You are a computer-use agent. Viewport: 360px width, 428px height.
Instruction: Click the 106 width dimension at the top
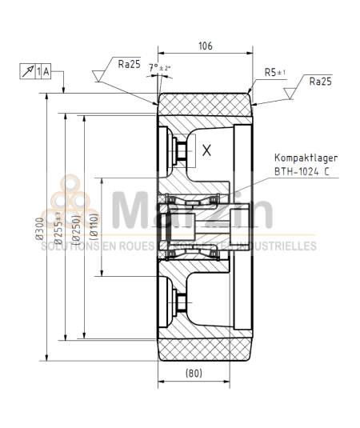(205, 46)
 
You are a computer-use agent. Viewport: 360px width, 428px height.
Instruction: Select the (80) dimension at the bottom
(193, 374)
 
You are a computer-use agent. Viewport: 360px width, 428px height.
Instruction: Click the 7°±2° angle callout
(159, 68)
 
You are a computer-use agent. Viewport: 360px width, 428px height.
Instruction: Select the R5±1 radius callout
(275, 72)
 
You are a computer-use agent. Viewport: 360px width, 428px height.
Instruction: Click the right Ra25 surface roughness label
(319, 81)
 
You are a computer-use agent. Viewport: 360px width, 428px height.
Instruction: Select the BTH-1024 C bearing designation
(301, 170)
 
